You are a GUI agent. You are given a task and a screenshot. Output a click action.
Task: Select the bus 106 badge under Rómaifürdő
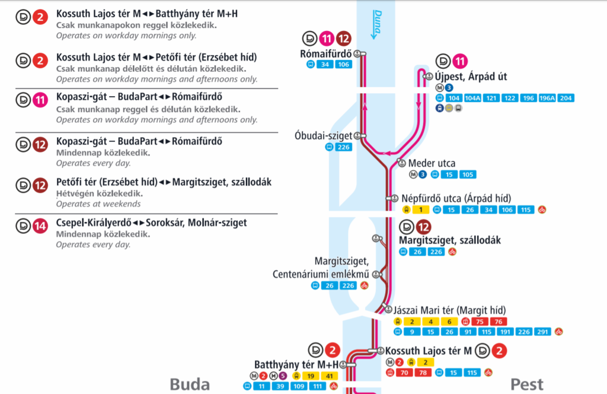(343, 65)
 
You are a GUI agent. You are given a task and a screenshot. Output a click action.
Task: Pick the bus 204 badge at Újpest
(566, 99)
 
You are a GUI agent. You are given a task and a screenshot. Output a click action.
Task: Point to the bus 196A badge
(544, 99)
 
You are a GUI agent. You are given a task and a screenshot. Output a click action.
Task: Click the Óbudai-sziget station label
(324, 136)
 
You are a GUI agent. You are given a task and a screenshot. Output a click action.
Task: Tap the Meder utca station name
(432, 163)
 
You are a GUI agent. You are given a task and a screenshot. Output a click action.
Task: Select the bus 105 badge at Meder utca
(467, 174)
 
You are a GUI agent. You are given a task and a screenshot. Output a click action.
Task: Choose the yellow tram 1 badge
(420, 209)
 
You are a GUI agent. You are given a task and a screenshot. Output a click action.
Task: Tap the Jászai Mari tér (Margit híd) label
(450, 310)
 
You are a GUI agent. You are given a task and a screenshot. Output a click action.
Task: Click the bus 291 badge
(542, 332)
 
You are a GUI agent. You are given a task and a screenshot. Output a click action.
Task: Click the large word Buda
(190, 385)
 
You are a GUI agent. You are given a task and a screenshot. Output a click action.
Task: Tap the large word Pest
(527, 385)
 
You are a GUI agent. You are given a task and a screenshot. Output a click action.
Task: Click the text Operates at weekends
(98, 204)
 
